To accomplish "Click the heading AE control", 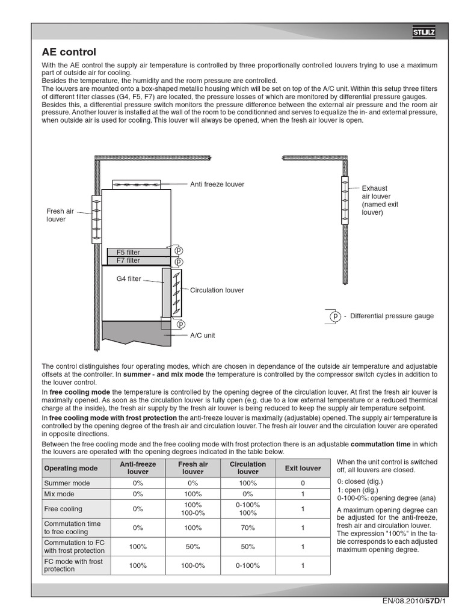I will (x=69, y=52).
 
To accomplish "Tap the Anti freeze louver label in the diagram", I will (x=217, y=184).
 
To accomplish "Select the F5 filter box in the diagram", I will (x=135, y=252).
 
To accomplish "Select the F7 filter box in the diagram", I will (x=135, y=260).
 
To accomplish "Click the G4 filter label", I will (x=129, y=279).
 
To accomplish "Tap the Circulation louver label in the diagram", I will (x=217, y=290).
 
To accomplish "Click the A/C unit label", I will (x=202, y=336).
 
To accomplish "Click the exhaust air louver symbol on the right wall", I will (x=345, y=200).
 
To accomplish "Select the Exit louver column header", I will (x=303, y=468).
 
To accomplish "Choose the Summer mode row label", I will (x=67, y=483).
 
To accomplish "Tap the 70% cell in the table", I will (x=247, y=528).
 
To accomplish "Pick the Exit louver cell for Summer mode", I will (x=303, y=483).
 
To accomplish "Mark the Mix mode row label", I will (x=60, y=494).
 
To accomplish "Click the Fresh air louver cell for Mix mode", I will (x=192, y=494).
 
